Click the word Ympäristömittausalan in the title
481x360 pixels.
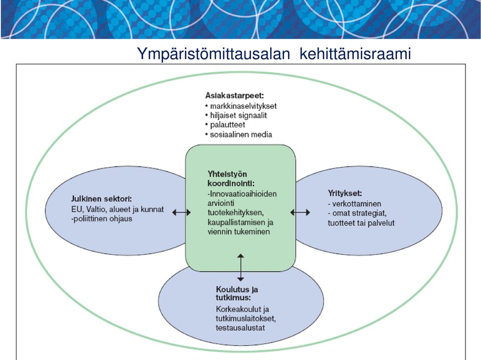click(x=213, y=54)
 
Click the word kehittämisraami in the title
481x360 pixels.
click(x=355, y=54)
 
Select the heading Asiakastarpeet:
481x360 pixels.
click(x=234, y=95)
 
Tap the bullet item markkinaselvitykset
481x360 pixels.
click(x=241, y=106)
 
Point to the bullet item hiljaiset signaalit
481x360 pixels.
click(x=236, y=115)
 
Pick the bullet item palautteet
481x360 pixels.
click(x=225, y=125)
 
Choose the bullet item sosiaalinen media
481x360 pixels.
click(x=238, y=134)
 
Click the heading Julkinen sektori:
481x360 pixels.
click(x=102, y=199)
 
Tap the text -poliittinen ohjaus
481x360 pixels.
click(x=102, y=219)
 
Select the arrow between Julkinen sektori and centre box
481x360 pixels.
click(x=181, y=213)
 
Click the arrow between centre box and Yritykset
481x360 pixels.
click(x=300, y=213)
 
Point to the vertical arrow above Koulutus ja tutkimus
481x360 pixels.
click(x=241, y=267)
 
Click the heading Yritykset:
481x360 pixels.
click(x=345, y=194)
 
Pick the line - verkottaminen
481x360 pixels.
click(x=354, y=204)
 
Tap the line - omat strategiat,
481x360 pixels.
click(x=357, y=213)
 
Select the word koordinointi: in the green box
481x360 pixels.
click(x=231, y=184)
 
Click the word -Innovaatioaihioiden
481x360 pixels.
click(x=242, y=194)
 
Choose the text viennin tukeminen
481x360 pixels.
click(x=238, y=232)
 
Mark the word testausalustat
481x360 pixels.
click(x=240, y=328)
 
